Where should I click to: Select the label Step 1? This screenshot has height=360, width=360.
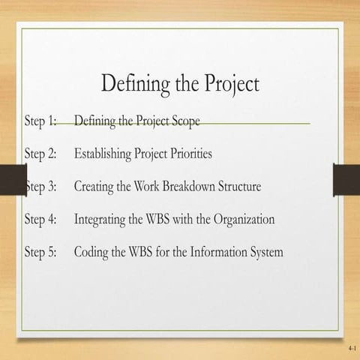pos(41,121)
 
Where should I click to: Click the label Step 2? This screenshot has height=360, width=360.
pos(41,154)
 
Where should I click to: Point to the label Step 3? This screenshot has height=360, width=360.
pos(41,187)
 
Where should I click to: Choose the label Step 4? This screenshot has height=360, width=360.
pos(41,220)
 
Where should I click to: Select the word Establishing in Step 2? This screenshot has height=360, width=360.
pos(102,154)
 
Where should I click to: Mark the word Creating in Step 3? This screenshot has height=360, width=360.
pos(94,187)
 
